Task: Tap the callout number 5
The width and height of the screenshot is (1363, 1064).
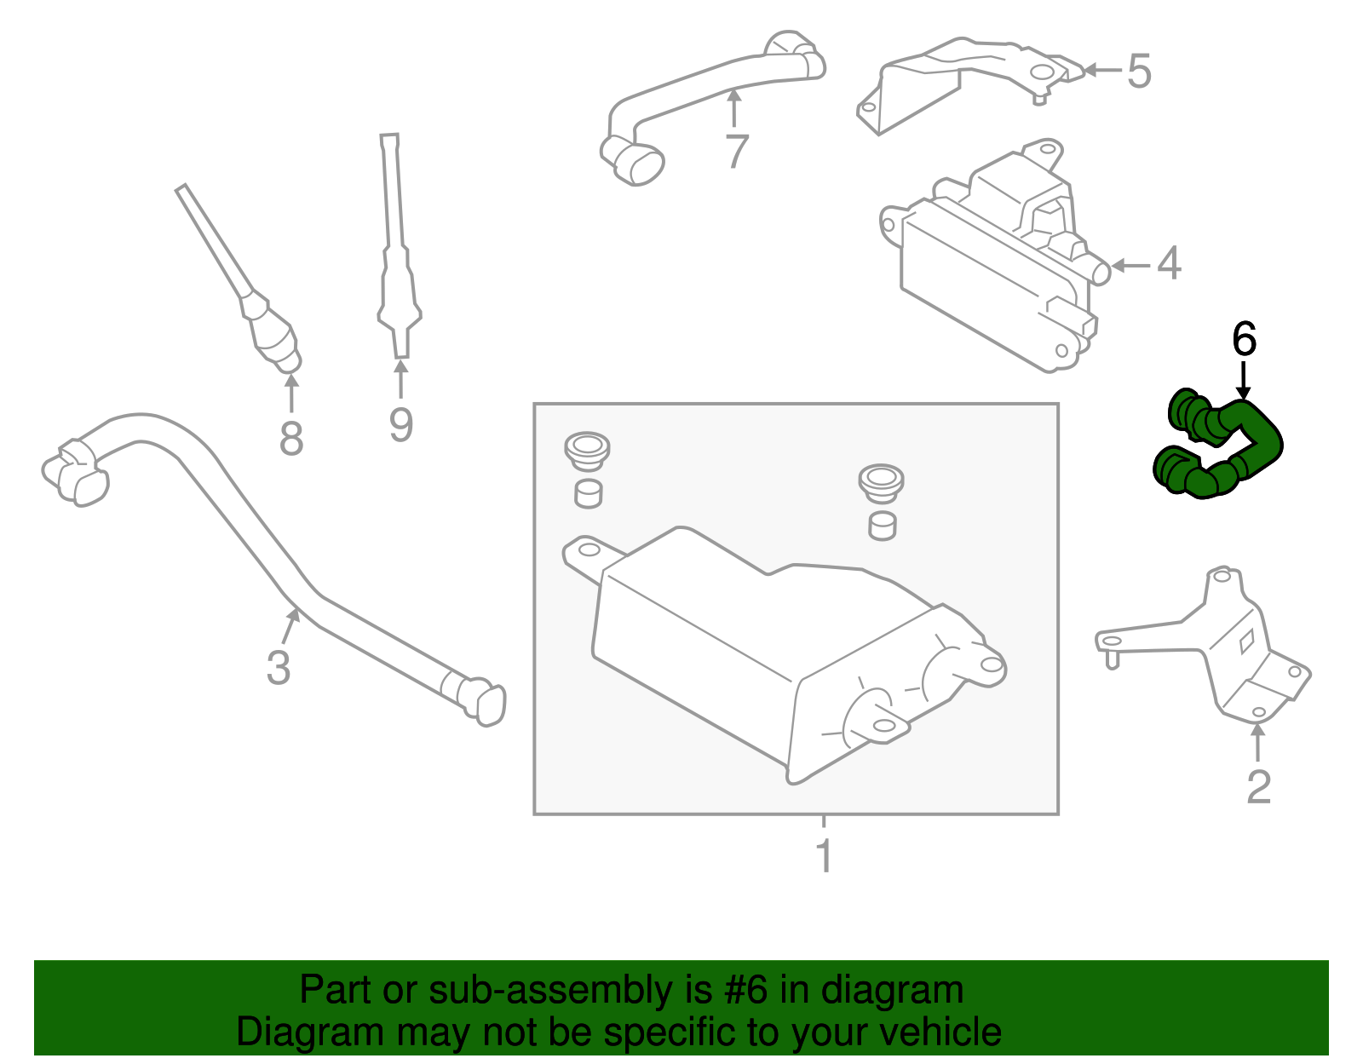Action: [x=1140, y=71]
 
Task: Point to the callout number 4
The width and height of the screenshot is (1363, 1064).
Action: [x=1169, y=263]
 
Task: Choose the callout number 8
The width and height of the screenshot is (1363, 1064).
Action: [x=291, y=438]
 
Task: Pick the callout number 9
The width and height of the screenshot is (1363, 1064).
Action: [x=401, y=425]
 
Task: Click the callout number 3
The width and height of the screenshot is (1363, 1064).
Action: [x=278, y=667]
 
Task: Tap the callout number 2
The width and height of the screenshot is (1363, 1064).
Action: [x=1259, y=787]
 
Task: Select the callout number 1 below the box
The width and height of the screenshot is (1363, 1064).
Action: [x=825, y=855]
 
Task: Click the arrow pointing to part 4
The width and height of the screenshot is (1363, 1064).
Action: [x=1130, y=266]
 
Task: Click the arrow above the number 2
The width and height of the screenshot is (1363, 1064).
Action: [x=1257, y=742]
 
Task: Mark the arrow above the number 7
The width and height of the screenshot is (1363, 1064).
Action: [x=733, y=108]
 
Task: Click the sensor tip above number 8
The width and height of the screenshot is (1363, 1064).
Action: [x=289, y=361]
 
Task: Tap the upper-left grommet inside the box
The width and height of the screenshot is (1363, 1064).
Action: [x=587, y=450]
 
